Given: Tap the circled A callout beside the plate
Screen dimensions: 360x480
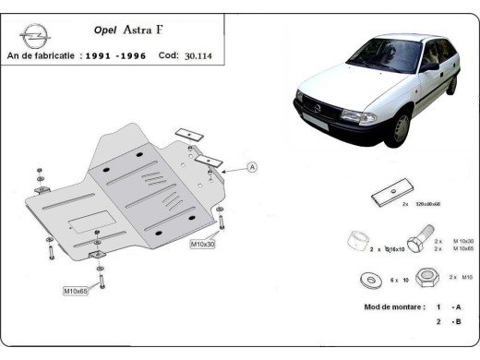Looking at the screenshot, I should [x=252, y=167].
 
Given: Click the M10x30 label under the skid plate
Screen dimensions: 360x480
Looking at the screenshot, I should [x=204, y=244].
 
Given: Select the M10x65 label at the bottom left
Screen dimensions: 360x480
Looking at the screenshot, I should [x=77, y=291].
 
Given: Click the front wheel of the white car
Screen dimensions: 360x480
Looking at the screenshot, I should [x=399, y=128].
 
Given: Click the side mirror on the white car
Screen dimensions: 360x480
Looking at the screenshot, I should [x=427, y=67].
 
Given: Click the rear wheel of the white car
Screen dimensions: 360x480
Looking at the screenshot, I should [x=451, y=84].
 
